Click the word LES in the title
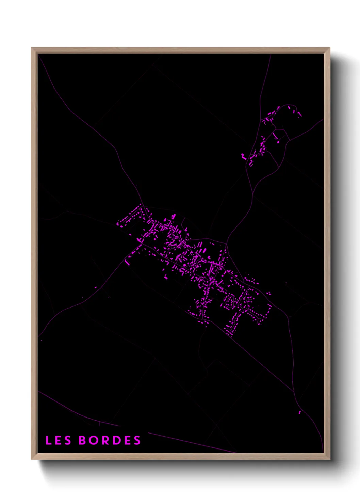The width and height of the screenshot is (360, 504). tap(58, 440)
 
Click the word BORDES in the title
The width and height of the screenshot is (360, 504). tap(110, 440)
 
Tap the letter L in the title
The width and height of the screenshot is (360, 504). tap(48, 440)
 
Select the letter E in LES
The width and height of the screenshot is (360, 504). tap(58, 440)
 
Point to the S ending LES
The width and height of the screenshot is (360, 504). tap(68, 440)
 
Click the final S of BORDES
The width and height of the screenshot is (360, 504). tap(137, 440)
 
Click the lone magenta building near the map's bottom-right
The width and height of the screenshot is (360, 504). tap(300, 412)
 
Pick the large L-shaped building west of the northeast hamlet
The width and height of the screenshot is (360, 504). tap(244, 157)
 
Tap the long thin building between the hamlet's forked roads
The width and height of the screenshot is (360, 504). tap(275, 136)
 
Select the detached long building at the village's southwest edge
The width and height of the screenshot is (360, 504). tap(128, 263)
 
